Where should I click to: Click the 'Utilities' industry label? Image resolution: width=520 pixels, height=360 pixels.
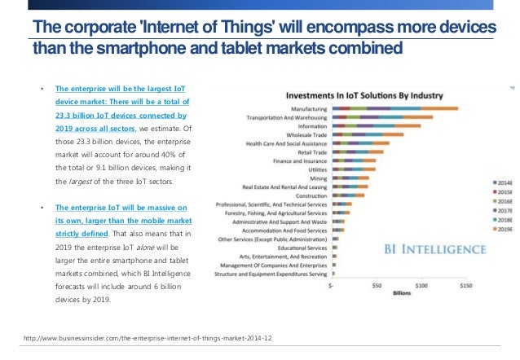point(314,169)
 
